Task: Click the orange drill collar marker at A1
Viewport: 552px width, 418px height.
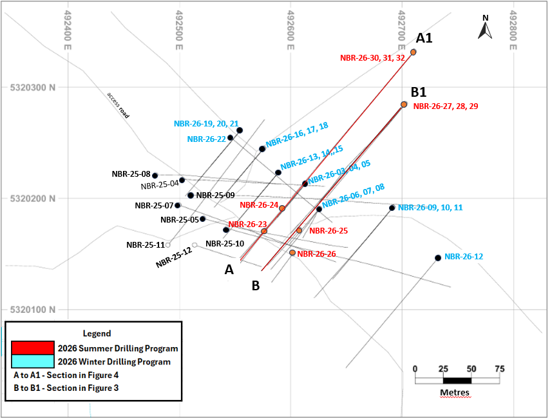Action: [414, 52]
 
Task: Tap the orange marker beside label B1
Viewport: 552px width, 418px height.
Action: [404, 104]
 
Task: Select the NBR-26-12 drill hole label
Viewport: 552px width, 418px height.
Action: [464, 257]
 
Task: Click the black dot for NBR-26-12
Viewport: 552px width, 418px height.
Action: [438, 258]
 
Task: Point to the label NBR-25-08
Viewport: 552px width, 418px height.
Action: [131, 174]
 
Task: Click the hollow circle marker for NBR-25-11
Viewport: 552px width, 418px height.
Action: [168, 245]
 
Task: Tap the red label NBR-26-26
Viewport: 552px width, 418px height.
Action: [316, 254]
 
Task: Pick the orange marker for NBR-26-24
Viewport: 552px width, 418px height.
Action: [282, 208]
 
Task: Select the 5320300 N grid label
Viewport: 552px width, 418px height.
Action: [33, 88]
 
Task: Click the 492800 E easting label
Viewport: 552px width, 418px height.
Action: [513, 30]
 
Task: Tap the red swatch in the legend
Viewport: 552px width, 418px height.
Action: [33, 348]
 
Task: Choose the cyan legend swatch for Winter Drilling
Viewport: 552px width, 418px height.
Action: [33, 361]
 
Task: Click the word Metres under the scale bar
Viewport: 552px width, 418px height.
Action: [455, 392]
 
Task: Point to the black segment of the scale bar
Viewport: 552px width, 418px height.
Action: [457, 381]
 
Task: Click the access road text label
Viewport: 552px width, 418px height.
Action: [119, 105]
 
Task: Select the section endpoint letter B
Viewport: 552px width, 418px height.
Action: [256, 286]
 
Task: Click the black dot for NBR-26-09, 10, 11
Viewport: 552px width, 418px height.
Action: [392, 208]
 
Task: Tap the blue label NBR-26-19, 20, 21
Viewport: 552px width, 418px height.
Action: [206, 124]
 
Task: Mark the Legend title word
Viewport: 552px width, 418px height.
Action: [97, 333]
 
